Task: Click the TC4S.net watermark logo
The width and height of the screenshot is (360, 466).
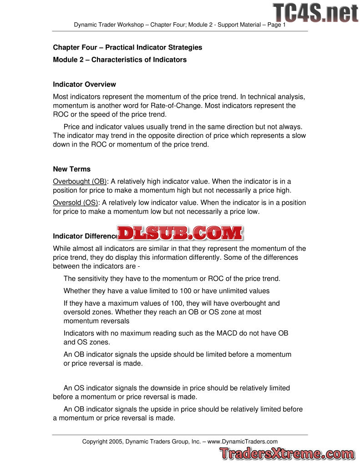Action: [x=315, y=12]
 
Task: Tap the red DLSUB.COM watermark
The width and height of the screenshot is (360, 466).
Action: [x=180, y=233]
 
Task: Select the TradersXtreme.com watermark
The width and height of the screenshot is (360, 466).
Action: [x=287, y=453]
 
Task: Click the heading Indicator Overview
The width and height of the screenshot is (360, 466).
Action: [x=84, y=84]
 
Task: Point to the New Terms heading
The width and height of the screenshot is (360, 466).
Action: [x=71, y=169]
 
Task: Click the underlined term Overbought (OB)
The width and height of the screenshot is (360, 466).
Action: [x=80, y=181]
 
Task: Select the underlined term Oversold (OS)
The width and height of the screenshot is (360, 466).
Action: [x=76, y=202]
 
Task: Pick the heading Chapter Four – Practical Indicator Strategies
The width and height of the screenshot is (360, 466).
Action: [x=127, y=47]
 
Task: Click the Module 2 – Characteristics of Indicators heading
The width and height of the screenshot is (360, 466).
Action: [x=120, y=60]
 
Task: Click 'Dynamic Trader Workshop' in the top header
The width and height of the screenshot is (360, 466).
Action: [x=109, y=25]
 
